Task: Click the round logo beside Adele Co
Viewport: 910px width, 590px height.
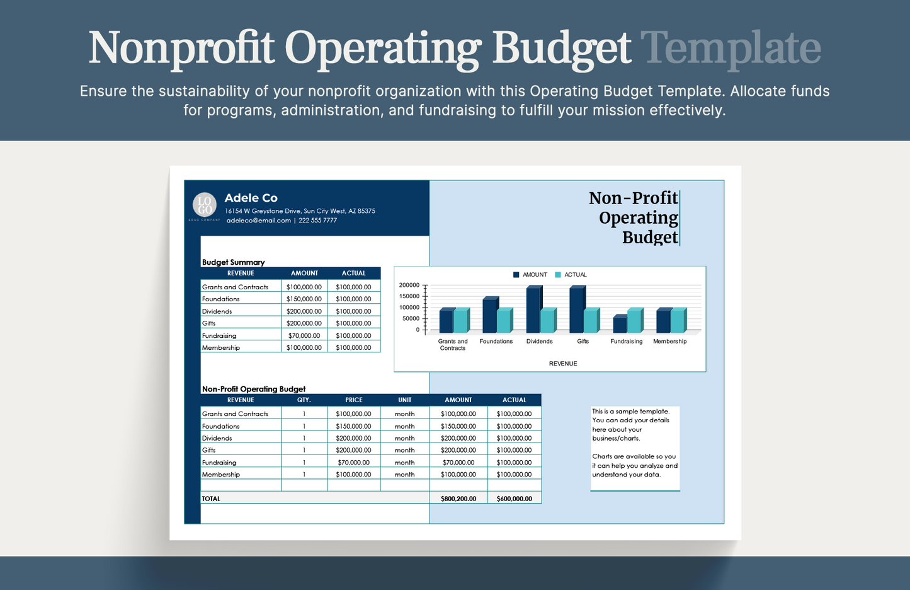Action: (x=205, y=205)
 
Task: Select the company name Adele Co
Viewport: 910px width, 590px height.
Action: (x=251, y=198)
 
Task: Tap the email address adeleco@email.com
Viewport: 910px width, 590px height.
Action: (x=259, y=221)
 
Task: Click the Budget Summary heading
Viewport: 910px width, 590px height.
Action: (x=233, y=262)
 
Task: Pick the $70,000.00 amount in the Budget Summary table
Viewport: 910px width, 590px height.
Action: (x=304, y=336)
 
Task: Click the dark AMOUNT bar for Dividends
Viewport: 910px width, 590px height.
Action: (x=533, y=309)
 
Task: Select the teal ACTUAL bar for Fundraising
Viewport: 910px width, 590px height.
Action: (x=634, y=321)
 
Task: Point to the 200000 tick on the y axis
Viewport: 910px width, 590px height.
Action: (x=409, y=286)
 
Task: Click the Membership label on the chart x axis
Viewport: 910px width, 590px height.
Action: (x=669, y=342)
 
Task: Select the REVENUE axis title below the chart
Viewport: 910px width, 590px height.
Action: (x=563, y=364)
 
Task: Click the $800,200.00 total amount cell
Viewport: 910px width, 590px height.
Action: (x=458, y=499)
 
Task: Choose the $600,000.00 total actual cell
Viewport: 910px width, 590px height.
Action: (x=514, y=499)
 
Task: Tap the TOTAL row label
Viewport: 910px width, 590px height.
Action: (x=212, y=499)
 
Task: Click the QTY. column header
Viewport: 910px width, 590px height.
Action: (x=304, y=400)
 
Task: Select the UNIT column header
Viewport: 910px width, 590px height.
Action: (x=404, y=400)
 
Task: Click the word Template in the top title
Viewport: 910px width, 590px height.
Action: (x=731, y=48)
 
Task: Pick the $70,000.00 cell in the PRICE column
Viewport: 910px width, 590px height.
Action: (x=353, y=463)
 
